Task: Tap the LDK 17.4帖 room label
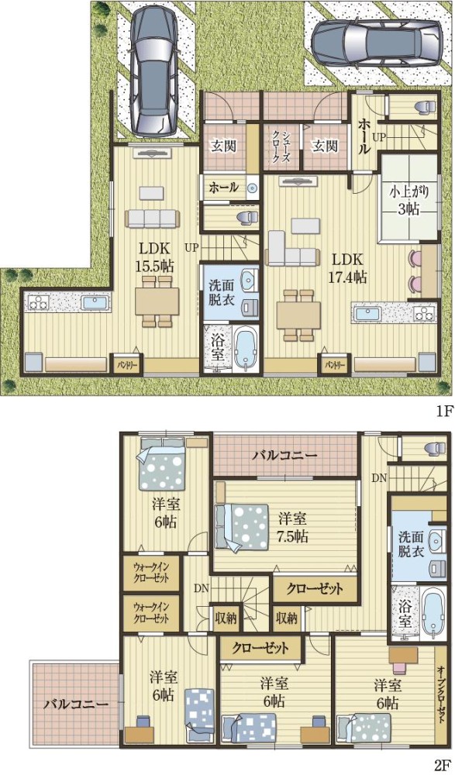pyautogui.click(x=348, y=268)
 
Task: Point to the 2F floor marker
pyautogui.click(x=443, y=763)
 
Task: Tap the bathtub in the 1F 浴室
pyautogui.click(x=244, y=350)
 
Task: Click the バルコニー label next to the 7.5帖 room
pyautogui.click(x=284, y=456)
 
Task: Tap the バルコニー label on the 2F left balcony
pyautogui.click(x=74, y=705)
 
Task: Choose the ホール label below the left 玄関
pyautogui.click(x=224, y=187)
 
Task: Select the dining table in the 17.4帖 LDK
pyautogui.click(x=298, y=314)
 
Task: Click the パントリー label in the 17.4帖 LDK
pyautogui.click(x=335, y=364)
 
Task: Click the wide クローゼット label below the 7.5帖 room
pyautogui.click(x=315, y=589)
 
